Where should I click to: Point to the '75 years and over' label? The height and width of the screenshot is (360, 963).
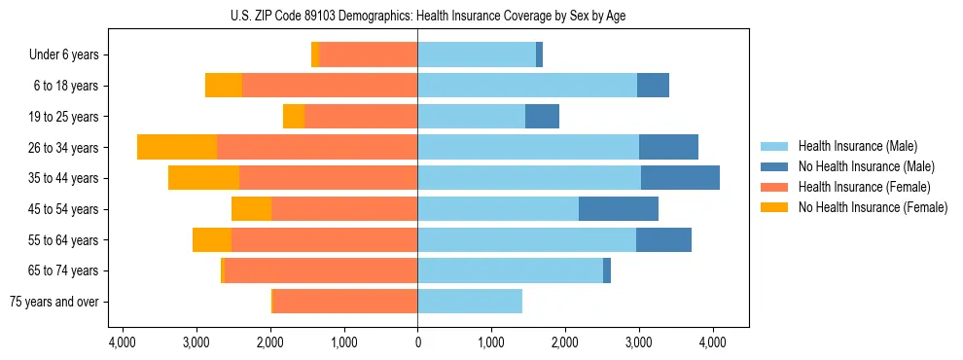tap(53, 302)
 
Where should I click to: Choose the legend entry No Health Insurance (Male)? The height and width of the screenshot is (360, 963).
tap(859, 166)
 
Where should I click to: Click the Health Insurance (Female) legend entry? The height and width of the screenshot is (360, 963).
tap(857, 187)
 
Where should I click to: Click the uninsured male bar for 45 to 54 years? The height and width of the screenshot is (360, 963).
tap(618, 209)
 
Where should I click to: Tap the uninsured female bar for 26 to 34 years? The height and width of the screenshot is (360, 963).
tap(177, 148)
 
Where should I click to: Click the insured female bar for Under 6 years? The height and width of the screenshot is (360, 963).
tap(369, 55)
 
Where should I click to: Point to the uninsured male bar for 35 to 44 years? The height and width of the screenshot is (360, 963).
tap(680, 178)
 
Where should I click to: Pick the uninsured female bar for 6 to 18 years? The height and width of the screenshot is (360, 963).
tap(224, 86)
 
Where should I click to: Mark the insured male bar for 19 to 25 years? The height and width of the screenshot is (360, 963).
tap(472, 117)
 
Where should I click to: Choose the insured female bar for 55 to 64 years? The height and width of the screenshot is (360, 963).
tap(325, 240)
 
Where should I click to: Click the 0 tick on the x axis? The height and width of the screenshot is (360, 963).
tap(417, 342)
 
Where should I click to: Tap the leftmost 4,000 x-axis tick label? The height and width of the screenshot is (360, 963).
tap(123, 342)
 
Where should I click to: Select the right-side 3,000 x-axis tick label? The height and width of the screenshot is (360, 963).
tap(638, 342)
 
